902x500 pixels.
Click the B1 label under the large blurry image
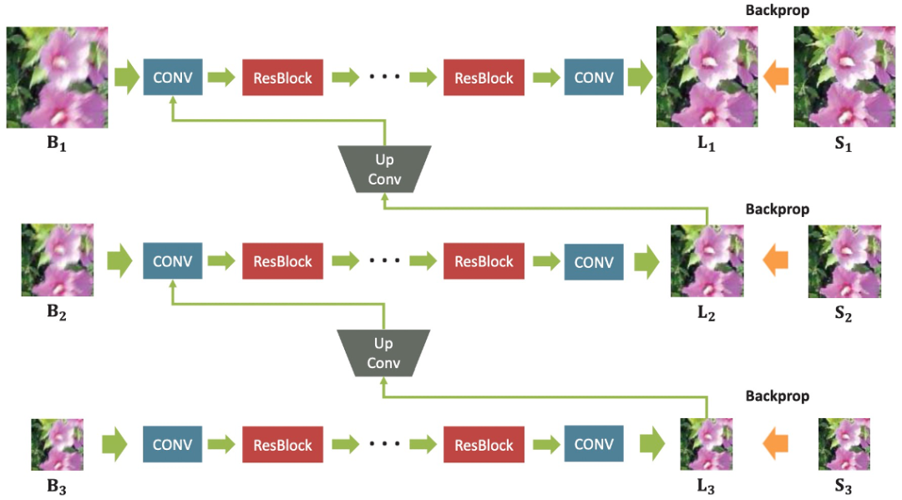(56, 144)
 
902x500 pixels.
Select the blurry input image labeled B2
(57, 260)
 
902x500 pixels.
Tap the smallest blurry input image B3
(57, 444)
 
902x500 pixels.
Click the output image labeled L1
(707, 77)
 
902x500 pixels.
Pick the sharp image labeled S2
(844, 260)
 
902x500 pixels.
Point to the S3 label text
(844, 486)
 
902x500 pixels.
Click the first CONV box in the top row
(173, 78)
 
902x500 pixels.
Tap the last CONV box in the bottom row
(594, 444)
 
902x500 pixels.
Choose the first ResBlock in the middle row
(282, 261)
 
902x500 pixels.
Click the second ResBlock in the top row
(484, 78)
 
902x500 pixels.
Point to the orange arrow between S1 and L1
(776, 78)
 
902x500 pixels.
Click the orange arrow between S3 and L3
(776, 444)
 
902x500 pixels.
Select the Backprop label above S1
(777, 12)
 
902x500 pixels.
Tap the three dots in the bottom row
(385, 445)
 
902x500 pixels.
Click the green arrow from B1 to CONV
(127, 78)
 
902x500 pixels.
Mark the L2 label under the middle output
(707, 315)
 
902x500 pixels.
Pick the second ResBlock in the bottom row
(484, 445)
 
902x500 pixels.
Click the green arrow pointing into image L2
(646, 261)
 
